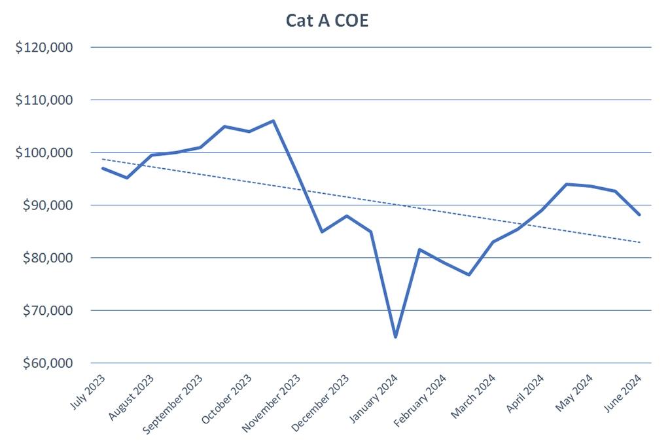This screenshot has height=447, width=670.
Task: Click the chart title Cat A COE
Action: pyautogui.click(x=328, y=20)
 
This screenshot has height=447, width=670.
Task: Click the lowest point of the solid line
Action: pyautogui.click(x=395, y=336)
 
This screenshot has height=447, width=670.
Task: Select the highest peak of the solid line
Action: pyautogui.click(x=273, y=120)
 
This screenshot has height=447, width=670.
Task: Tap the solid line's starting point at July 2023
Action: pyautogui.click(x=103, y=168)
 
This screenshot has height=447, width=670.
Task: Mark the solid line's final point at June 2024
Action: pyautogui.click(x=639, y=215)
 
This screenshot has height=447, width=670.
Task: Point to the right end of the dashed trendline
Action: pyautogui.click(x=639, y=242)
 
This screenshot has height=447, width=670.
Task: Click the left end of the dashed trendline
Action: pyautogui.click(x=103, y=159)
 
